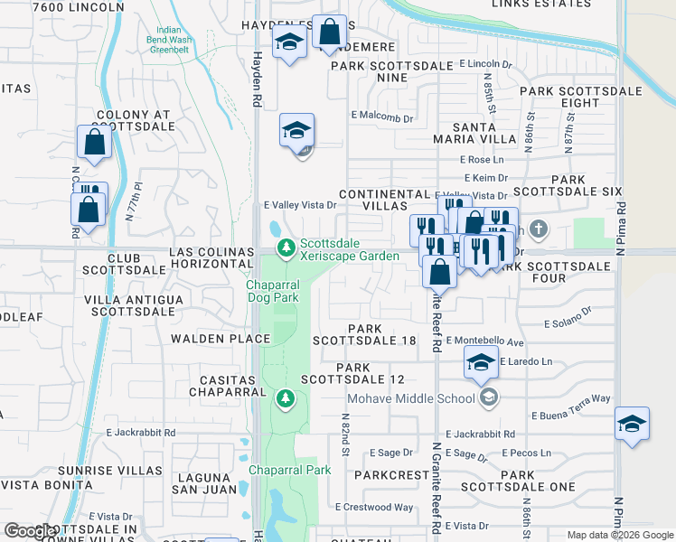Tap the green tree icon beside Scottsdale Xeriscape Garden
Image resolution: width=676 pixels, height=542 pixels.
coord(286,247)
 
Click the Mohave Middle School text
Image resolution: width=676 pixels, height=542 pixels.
coord(411,398)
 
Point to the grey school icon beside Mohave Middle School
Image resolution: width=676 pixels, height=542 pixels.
coord(488,397)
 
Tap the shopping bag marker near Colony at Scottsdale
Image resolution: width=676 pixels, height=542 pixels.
coord(94,143)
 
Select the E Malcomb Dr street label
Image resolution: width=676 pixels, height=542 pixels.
coord(381,118)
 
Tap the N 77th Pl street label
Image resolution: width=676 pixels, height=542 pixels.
coord(134,203)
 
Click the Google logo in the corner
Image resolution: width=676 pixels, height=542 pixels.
coord(29,531)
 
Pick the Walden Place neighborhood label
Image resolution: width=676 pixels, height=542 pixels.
coord(221,339)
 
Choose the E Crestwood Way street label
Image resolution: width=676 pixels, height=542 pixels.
coord(373,508)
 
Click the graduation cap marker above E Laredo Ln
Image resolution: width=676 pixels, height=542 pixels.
coord(481,364)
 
